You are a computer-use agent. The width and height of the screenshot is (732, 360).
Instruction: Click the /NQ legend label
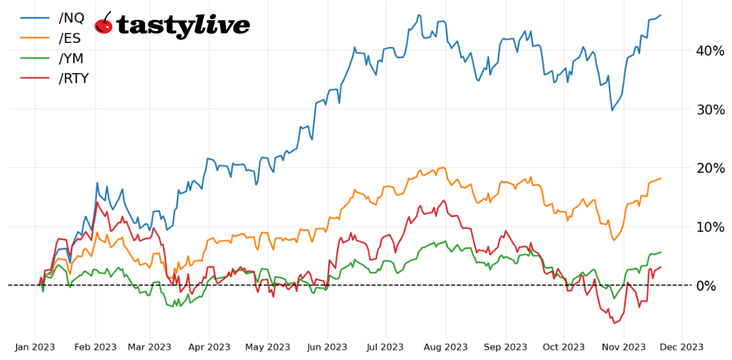[71, 18]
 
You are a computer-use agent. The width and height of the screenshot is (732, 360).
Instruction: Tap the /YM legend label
[71, 59]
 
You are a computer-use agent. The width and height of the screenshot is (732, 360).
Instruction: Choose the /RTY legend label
[74, 79]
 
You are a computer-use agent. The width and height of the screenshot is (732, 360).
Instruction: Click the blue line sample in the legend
[35, 18]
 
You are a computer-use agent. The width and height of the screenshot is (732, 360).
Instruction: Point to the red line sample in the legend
[35, 79]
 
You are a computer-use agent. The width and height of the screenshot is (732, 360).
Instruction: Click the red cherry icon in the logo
[104, 24]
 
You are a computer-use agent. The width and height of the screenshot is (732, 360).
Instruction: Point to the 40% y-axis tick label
[710, 51]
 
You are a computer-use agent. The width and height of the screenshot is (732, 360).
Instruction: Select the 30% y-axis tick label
[710, 110]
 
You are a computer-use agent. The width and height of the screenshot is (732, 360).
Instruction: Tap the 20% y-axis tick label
[710, 168]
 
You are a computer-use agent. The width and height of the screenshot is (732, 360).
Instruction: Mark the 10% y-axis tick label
[710, 227]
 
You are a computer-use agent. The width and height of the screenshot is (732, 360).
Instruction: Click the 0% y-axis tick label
[713, 286]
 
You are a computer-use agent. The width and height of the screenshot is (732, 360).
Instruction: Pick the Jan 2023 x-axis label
[35, 347]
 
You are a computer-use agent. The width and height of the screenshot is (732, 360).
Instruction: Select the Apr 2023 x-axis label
[209, 347]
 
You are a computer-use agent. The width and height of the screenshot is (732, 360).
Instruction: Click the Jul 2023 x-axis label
[385, 347]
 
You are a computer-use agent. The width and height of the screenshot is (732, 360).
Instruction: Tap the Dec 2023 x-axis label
[682, 347]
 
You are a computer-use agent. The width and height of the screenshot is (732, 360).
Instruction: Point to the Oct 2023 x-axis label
[564, 347]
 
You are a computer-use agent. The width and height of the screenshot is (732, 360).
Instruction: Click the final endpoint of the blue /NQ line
[661, 15]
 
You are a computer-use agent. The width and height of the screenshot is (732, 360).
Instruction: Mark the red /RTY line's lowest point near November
[613, 323]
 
